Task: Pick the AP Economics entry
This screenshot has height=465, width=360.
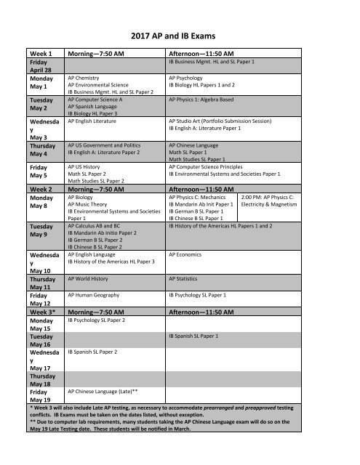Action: (186, 255)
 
